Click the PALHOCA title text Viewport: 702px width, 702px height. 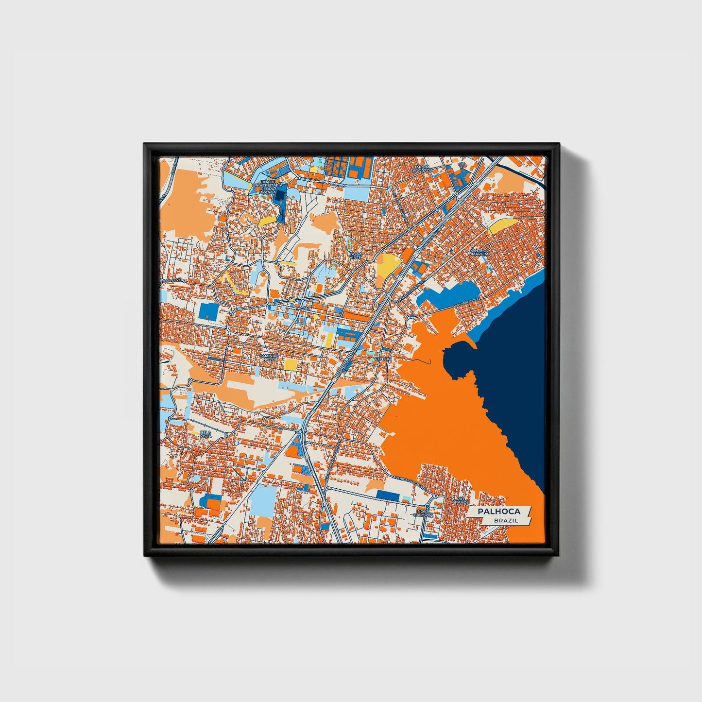coord(498,511)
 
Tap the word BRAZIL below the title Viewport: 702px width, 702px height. coord(505,520)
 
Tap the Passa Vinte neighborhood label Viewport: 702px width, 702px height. coord(356,256)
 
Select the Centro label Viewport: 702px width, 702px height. coord(382,359)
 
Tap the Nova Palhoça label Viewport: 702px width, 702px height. coord(424,513)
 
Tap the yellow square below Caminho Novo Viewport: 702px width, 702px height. coord(291,364)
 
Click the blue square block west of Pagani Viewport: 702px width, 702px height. coord(208,311)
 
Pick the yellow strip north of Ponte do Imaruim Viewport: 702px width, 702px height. coord(503,226)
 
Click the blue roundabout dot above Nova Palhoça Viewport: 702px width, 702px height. coord(435,497)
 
